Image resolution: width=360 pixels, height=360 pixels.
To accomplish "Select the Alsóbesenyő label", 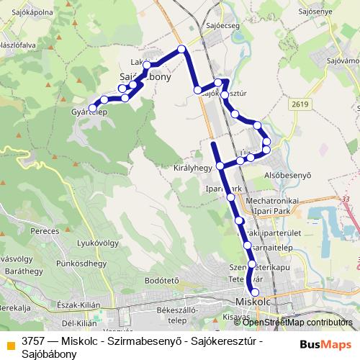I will click(x=287, y=174).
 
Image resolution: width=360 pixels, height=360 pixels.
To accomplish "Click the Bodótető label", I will click(x=161, y=280).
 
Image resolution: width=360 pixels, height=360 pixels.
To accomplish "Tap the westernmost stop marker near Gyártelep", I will click(x=92, y=108).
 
